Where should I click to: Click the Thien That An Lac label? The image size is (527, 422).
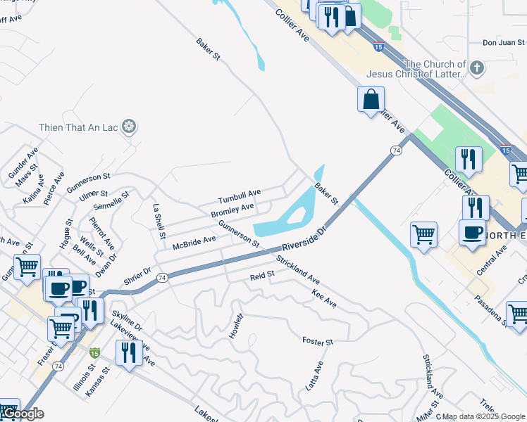79,127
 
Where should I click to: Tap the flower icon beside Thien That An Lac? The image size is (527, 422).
129,127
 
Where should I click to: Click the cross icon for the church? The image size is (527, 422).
477,68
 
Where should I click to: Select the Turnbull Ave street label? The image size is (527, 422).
240,196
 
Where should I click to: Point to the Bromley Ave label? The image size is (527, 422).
232,210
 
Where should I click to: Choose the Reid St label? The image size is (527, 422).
262,276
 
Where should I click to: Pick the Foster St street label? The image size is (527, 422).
317,342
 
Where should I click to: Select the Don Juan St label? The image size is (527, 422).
504,43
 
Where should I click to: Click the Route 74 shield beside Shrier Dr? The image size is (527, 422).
162,278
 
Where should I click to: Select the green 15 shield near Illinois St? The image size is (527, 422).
94,352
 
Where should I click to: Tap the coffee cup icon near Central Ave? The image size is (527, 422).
471,233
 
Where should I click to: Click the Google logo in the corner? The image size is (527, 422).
23,414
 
